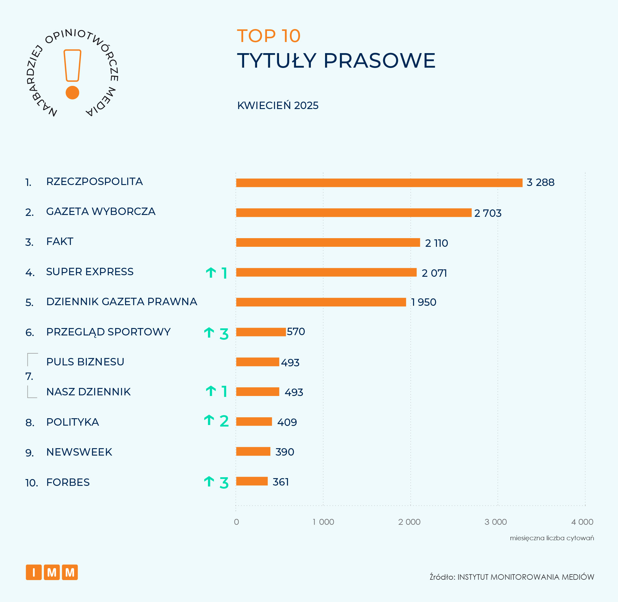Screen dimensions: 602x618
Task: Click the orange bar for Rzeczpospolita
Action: coord(379,183)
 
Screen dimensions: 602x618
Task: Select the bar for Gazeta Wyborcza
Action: coord(353,213)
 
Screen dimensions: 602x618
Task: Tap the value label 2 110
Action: coord(436,243)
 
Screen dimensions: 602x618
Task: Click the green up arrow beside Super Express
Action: coord(211,272)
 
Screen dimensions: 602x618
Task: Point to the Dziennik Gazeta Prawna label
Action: coord(121,302)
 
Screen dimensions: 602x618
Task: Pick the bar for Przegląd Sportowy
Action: coord(261,332)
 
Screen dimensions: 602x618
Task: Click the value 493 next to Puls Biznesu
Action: coord(290,362)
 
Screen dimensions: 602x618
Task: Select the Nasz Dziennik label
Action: coord(88,392)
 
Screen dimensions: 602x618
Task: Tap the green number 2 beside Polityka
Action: coord(224,421)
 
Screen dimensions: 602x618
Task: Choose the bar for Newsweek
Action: coord(253,451)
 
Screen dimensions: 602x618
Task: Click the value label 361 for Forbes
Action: coord(281,482)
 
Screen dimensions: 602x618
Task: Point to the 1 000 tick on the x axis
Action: coord(323,522)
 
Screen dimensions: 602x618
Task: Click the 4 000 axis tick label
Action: coord(582,522)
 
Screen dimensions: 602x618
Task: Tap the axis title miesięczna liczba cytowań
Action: coord(552,538)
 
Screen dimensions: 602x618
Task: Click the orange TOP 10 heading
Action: coord(269,36)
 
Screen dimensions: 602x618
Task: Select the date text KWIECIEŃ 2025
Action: coord(278,105)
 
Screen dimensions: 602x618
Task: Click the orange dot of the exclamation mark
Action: coord(72,93)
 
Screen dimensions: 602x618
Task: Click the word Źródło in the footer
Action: coord(442,577)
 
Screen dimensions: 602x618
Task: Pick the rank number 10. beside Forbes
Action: coord(31,483)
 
